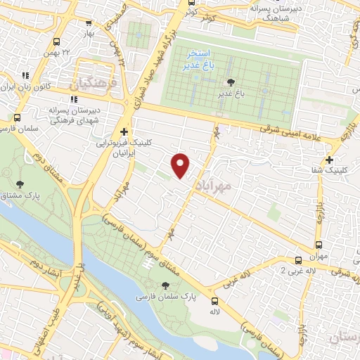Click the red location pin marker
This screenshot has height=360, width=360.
pos(181,165)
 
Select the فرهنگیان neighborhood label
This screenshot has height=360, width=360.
pos(89,84)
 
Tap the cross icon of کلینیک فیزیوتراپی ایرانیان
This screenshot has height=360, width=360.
pos(124,131)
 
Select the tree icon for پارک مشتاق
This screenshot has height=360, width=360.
pos(19,184)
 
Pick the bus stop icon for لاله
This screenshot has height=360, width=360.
pos(214,299)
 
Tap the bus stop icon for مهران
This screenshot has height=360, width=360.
pos(319,245)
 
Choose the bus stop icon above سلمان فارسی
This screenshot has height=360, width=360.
pos(18,117)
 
